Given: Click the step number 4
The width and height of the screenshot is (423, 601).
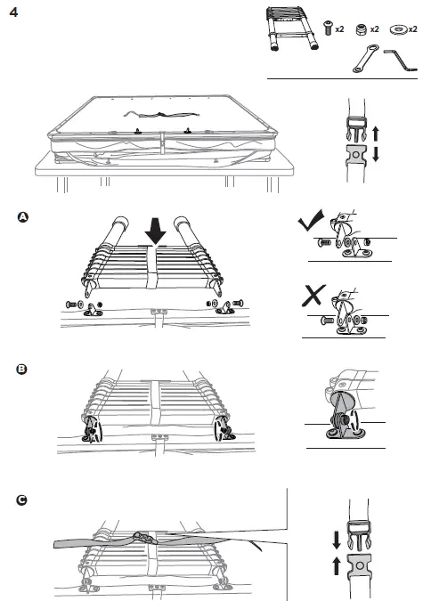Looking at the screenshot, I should [13, 12].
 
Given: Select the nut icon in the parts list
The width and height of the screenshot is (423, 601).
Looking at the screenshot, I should [362, 29].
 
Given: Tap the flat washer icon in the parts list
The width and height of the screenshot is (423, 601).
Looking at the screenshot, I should [396, 29].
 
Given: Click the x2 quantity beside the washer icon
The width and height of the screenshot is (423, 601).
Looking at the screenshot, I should [414, 30].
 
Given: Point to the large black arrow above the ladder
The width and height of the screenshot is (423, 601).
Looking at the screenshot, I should [157, 231].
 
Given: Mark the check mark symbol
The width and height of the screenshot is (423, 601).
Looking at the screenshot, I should [310, 223].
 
